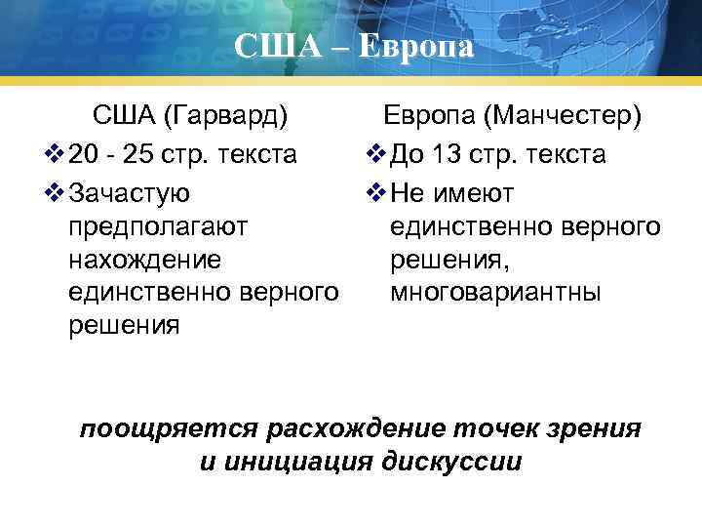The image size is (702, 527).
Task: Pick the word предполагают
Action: (159, 226)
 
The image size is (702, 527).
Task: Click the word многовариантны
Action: (495, 293)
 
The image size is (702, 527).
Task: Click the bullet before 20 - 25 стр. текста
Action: (56, 155)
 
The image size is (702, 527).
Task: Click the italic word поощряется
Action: (169, 428)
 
